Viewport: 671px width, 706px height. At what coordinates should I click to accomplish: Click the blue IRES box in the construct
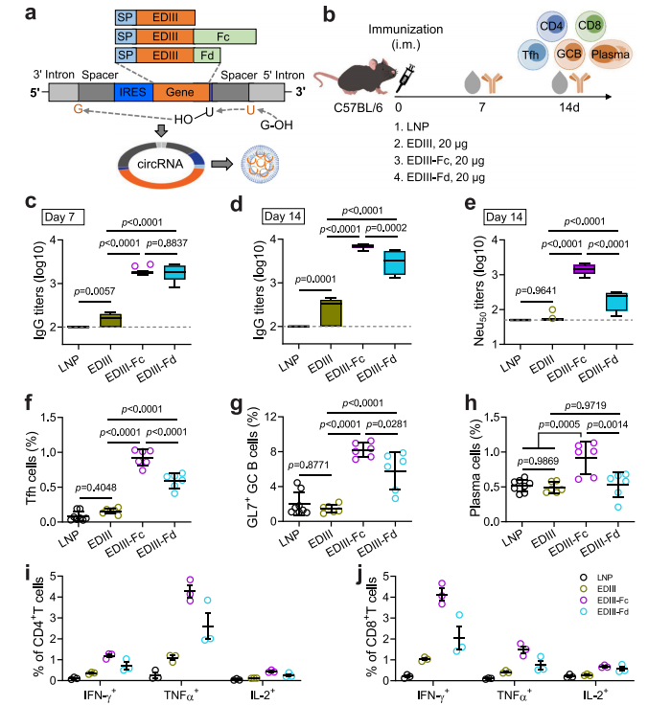coord(133,92)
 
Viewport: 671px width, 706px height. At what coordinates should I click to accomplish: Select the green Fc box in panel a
coord(225,36)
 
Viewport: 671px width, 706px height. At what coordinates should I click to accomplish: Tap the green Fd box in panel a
coord(207,56)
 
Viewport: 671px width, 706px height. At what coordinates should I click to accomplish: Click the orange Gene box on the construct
coord(181,92)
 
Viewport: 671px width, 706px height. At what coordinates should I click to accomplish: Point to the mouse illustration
coord(356,77)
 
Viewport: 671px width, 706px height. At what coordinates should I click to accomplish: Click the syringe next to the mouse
coord(405,79)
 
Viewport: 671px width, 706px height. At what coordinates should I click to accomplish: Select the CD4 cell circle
coord(551,26)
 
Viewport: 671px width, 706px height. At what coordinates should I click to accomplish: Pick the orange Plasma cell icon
coord(611,55)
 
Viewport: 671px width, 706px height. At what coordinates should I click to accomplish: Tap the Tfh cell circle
coord(532,55)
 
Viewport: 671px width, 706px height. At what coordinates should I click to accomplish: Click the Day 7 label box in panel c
coord(63,217)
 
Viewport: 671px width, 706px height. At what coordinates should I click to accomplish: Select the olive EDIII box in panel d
coord(332,312)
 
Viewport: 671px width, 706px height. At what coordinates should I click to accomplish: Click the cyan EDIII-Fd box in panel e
coord(617,302)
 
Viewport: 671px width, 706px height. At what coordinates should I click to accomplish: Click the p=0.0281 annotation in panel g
coord(386,424)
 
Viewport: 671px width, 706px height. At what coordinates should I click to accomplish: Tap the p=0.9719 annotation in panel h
coord(586,405)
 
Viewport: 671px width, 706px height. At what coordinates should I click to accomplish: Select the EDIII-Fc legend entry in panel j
coord(605,601)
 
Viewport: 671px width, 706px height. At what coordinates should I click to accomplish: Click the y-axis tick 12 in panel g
coord(270,417)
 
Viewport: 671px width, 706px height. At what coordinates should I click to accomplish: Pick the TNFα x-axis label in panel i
coord(181,695)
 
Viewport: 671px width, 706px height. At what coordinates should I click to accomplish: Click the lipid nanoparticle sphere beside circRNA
coord(260,164)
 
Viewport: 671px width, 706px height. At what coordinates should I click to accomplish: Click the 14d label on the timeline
coord(569,108)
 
